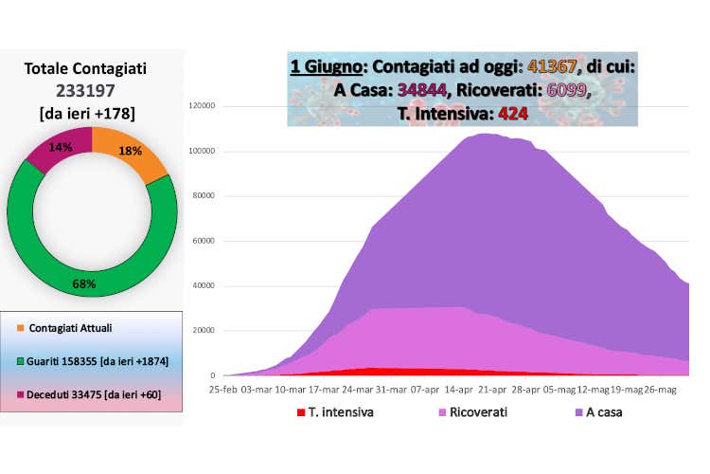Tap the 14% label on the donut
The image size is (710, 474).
point(61,147)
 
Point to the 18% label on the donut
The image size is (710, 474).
point(130,152)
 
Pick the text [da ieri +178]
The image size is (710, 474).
point(86,113)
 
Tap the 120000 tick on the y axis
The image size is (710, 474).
point(203,105)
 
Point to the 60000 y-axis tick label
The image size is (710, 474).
point(205,241)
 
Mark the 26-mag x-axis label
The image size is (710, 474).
point(660,389)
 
